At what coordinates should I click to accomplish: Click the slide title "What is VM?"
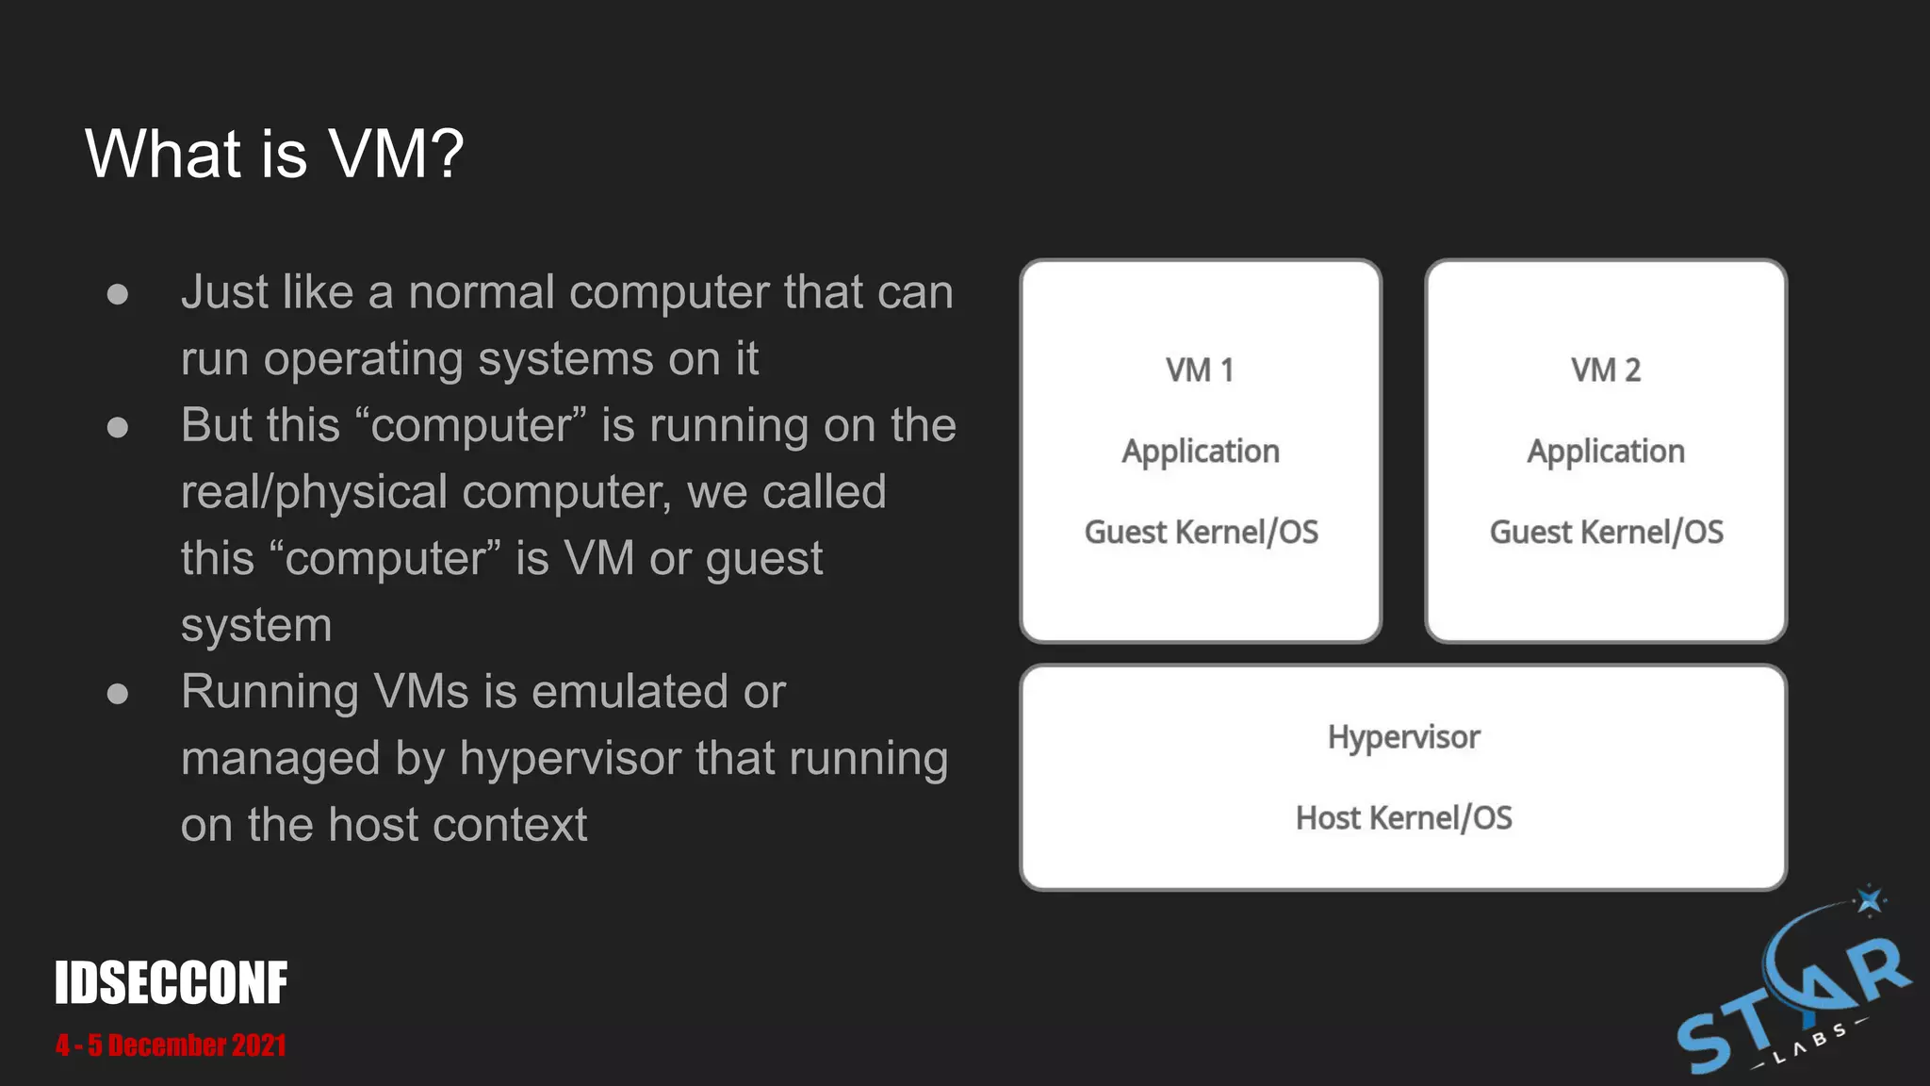pyautogui.click(x=274, y=154)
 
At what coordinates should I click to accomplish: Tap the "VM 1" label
pyautogui.click(x=1200, y=370)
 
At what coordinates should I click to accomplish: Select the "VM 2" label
pyautogui.click(x=1606, y=370)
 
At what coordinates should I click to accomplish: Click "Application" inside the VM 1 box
pyautogui.click(x=1201, y=452)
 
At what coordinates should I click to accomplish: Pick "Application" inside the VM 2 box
pyautogui.click(x=1606, y=452)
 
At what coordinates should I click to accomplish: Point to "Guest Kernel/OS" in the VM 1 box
pyautogui.click(x=1201, y=533)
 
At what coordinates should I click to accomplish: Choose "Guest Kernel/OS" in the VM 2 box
pyautogui.click(x=1606, y=533)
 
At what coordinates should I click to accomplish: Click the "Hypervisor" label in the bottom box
pyautogui.click(x=1403, y=737)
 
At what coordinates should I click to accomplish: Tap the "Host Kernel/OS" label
pyautogui.click(x=1403, y=818)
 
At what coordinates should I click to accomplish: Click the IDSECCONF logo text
pyautogui.click(x=171, y=983)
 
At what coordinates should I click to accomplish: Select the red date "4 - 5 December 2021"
pyautogui.click(x=171, y=1045)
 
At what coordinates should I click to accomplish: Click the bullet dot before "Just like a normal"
pyautogui.click(x=118, y=294)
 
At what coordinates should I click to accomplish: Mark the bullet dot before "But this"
pyautogui.click(x=118, y=428)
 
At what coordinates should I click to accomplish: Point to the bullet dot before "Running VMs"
pyautogui.click(x=118, y=695)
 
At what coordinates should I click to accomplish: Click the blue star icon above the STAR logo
pyautogui.click(x=1870, y=900)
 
